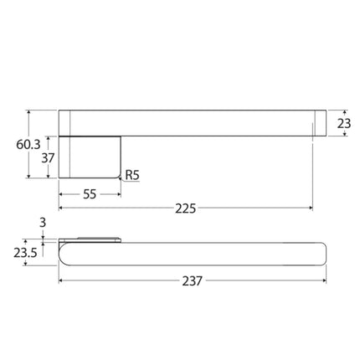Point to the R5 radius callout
[132, 176]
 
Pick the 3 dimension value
[42, 223]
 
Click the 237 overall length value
[192, 281]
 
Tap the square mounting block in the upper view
[90, 157]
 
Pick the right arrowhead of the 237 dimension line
[322, 281]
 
